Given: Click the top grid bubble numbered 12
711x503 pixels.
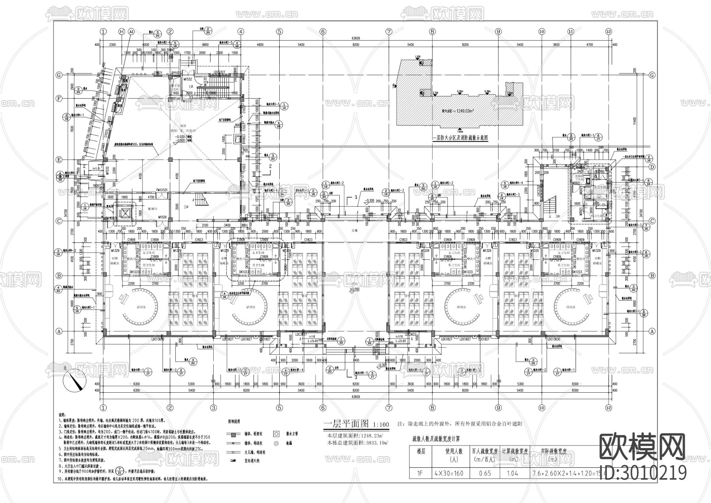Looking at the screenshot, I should pos(608,31).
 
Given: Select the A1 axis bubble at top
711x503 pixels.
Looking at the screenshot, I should pos(132,31).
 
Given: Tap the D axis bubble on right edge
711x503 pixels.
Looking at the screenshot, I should pos(653,167).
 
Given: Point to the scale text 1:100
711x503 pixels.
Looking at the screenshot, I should pos(381,425).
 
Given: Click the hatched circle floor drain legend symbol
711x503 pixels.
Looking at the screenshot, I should pos(276,444).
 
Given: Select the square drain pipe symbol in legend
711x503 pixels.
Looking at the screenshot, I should pos(276,434).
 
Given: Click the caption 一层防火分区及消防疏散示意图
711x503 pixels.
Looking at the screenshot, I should pos(460,138).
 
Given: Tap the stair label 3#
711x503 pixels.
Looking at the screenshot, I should pos(557,216).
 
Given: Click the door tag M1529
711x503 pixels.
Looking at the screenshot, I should pos(162,217).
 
